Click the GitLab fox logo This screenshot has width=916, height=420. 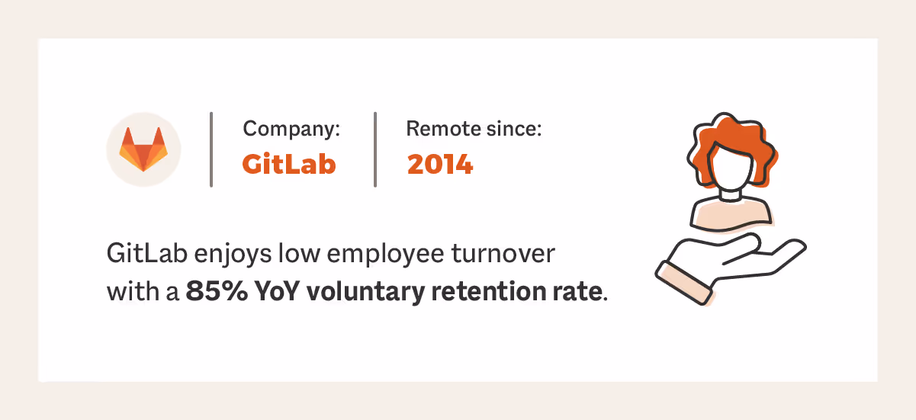pos(143,149)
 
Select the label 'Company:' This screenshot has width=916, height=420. pos(291,129)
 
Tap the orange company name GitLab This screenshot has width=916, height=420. pos(289,164)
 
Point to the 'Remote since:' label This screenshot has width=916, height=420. pos(474,129)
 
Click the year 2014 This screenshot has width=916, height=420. pos(440,164)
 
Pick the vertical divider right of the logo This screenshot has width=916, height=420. pos(211,149)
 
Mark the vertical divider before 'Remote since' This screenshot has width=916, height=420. pos(375,149)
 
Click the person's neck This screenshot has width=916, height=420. pos(731,195)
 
